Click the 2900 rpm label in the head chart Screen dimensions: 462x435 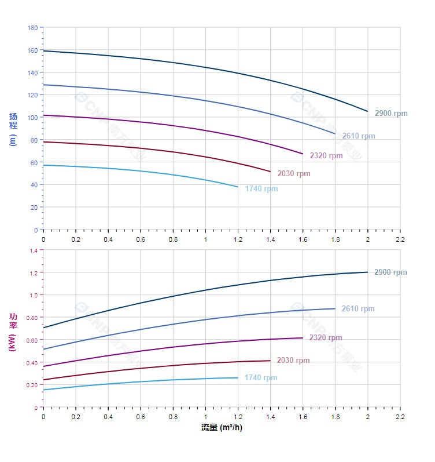[x=391, y=114]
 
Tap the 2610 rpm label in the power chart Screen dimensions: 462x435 [x=358, y=309]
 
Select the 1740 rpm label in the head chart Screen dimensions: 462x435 [x=261, y=189]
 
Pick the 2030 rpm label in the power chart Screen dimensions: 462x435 [x=293, y=361]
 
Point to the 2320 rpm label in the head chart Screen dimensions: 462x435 [x=326, y=156]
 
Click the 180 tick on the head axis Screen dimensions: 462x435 [x=32, y=28]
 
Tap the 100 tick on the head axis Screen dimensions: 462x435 [x=32, y=118]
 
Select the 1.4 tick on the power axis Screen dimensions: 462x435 [x=33, y=250]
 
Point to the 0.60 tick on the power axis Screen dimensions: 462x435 [x=32, y=340]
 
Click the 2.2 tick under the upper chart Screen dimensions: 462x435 [x=400, y=239]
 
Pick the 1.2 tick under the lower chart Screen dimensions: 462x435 [x=238, y=416]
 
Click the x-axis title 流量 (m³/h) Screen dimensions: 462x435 [x=222, y=428]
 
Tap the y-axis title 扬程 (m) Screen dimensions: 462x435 [x=13, y=129]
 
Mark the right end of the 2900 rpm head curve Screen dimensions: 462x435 [x=367, y=111]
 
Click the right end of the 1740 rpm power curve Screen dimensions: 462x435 [x=238, y=378]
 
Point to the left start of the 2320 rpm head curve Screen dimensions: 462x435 [x=43, y=115]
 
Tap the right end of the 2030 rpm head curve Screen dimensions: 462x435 [x=270, y=172]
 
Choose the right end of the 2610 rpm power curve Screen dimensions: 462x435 [x=335, y=308]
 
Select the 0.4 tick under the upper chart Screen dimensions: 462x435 [x=108, y=239]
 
